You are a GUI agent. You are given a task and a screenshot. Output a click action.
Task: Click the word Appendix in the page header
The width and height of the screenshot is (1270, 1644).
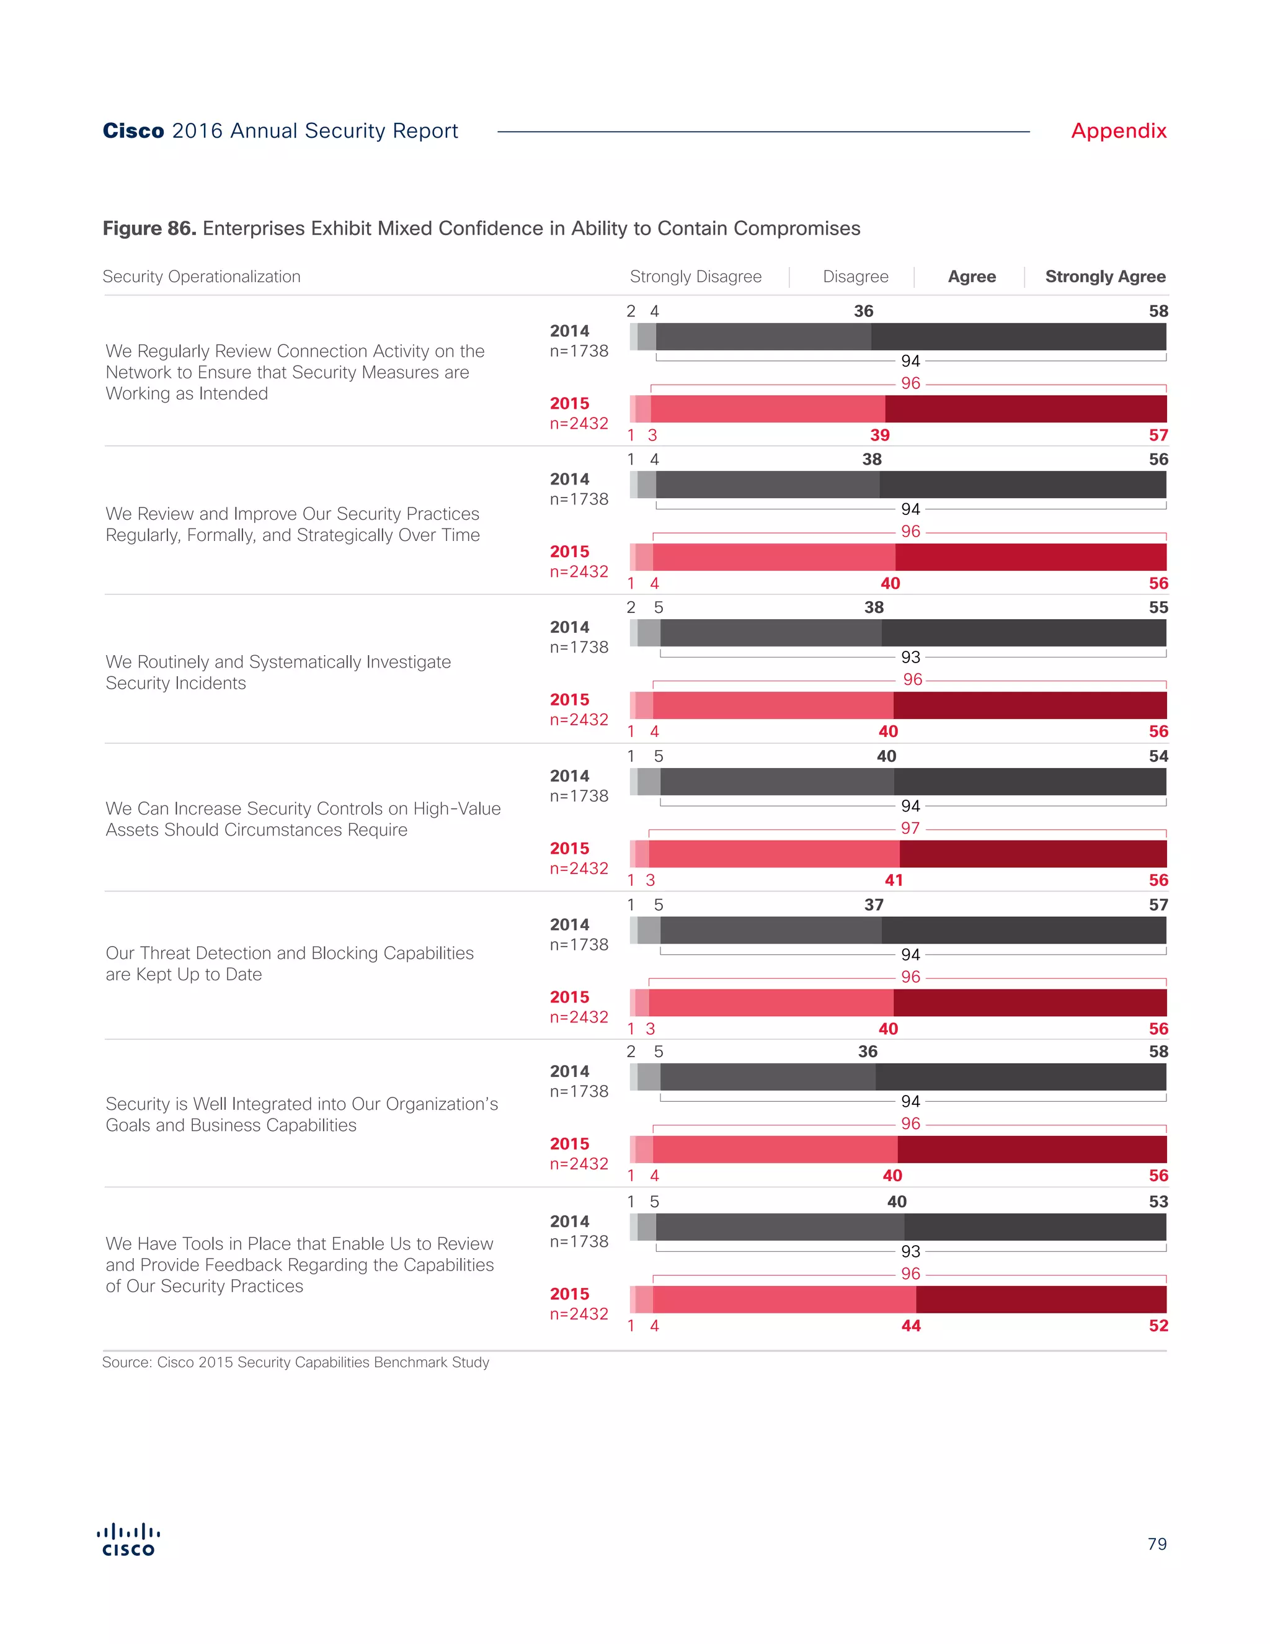click(x=1118, y=131)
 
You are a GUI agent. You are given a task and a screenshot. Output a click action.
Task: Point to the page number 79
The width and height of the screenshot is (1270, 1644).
click(x=1157, y=1544)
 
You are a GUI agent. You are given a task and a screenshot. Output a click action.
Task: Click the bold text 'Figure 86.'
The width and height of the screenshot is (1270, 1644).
click(x=149, y=228)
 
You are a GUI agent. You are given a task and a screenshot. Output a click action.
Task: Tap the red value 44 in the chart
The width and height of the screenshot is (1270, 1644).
click(x=910, y=1326)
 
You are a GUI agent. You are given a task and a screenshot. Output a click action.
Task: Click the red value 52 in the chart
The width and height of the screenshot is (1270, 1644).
click(x=1158, y=1326)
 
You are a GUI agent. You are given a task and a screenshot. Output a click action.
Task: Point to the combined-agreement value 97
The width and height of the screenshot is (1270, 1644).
click(x=910, y=828)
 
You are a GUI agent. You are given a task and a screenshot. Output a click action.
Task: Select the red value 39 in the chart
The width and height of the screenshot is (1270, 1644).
click(x=879, y=435)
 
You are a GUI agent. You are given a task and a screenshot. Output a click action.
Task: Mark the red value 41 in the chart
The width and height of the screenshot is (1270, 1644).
click(x=894, y=880)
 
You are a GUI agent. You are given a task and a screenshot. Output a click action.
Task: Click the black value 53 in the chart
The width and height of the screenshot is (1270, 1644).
click(x=1158, y=1202)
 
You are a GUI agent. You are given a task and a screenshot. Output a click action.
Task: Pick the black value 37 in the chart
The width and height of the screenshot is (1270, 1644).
click(x=874, y=905)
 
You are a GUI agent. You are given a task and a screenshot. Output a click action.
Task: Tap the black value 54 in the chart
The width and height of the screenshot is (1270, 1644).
click(x=1158, y=756)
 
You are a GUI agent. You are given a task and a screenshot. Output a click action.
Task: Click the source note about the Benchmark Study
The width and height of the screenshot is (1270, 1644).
click(x=296, y=1362)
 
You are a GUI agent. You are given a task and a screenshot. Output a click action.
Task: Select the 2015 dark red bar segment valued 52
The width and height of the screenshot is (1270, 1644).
click(x=1041, y=1299)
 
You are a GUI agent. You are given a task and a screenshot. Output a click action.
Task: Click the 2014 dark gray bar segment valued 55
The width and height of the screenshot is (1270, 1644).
click(x=1023, y=633)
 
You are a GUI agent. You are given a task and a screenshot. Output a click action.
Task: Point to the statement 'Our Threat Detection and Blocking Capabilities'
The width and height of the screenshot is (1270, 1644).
click(x=290, y=953)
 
